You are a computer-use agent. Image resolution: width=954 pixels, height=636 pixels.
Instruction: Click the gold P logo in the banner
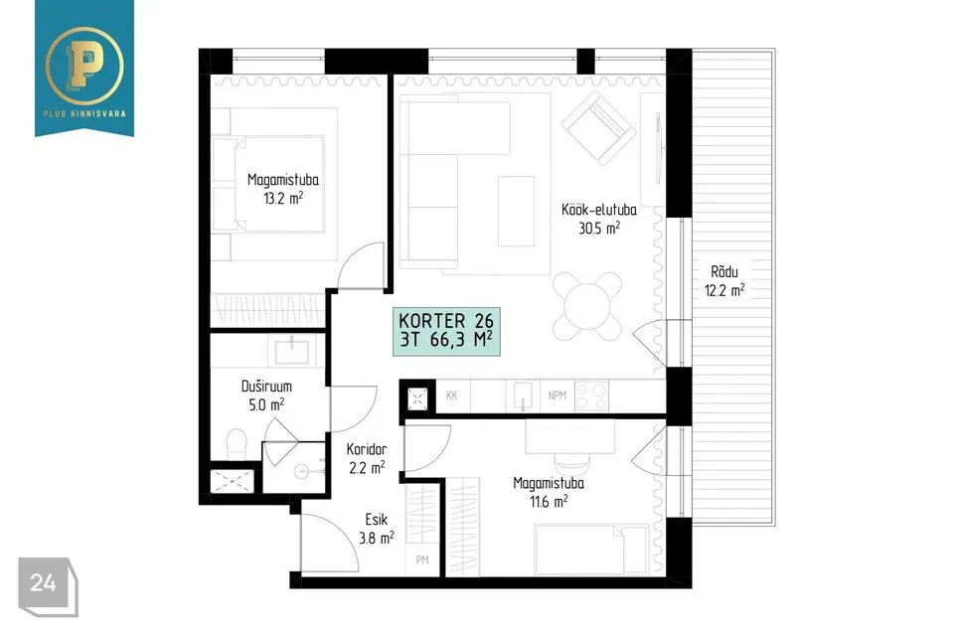[84, 66]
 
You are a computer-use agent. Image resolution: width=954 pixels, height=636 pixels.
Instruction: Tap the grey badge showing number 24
[48, 586]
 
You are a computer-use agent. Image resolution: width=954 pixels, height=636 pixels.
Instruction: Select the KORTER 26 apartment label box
[446, 331]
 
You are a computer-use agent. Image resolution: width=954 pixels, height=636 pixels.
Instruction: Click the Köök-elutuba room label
[598, 210]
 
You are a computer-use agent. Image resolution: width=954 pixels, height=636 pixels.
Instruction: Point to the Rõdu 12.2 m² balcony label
[724, 281]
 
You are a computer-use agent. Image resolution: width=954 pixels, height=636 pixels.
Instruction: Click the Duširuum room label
[266, 386]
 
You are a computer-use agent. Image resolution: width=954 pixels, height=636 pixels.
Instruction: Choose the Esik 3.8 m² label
[376, 529]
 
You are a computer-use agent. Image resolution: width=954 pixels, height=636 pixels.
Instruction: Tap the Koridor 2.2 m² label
[367, 458]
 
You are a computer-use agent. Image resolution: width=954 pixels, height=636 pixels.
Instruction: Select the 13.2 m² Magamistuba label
[283, 189]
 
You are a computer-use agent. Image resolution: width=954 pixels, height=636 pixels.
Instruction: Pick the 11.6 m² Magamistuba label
[549, 492]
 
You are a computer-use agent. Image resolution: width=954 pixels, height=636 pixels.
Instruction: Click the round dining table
[588, 305]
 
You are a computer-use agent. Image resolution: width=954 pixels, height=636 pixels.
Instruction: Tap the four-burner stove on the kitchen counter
[591, 397]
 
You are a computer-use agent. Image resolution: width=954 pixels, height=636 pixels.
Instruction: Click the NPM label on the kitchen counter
[556, 396]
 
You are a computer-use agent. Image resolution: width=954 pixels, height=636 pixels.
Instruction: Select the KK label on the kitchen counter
[451, 396]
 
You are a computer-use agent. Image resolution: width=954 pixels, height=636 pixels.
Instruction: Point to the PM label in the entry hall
[422, 559]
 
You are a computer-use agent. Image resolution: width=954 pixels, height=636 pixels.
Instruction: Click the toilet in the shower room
[237, 445]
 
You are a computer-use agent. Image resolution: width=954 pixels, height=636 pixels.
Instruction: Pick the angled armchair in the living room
[598, 128]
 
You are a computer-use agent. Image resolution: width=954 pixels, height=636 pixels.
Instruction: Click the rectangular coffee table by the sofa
[516, 212]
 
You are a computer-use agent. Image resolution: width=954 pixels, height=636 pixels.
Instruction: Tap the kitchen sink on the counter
[523, 396]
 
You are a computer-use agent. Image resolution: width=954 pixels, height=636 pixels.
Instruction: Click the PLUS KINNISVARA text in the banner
[84, 114]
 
